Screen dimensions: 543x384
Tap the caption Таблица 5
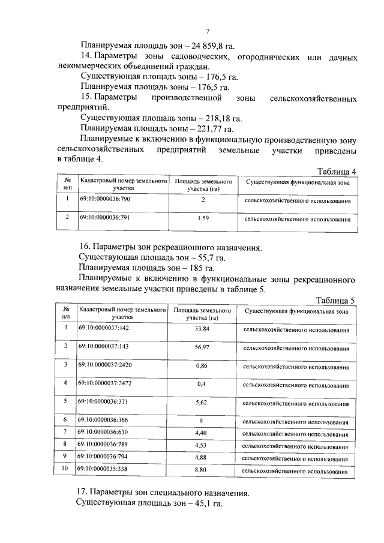point(337,301)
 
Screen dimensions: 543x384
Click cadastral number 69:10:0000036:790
point(105,199)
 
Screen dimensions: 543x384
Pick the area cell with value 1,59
point(203,219)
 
